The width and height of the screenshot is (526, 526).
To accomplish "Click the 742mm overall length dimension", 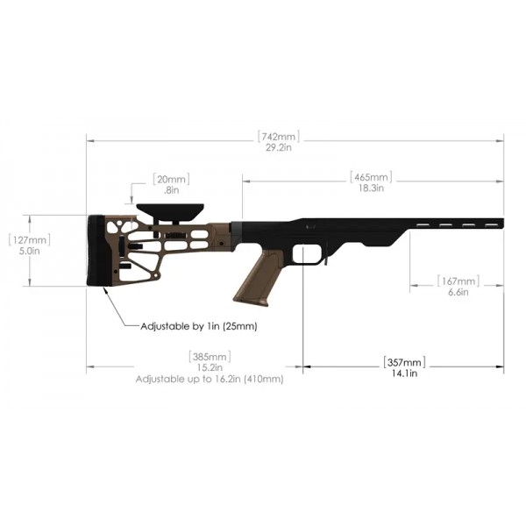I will pos(279,137).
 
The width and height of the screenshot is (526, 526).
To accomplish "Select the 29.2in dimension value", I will pos(279,148).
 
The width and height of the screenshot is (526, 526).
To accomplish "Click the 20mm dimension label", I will pos(167,178).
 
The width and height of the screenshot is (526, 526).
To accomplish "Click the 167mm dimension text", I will pos(458,281).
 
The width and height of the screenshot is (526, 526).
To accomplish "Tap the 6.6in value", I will pos(458,292).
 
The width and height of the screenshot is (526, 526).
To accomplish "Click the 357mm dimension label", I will pos(403,362).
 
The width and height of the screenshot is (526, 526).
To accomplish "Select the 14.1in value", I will pos(403,373).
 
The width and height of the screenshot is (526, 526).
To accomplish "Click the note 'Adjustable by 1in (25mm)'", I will pos(198,326).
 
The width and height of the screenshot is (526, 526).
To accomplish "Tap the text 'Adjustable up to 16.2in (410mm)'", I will pos(209,380).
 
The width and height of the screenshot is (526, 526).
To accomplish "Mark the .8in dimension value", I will pos(170,189).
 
